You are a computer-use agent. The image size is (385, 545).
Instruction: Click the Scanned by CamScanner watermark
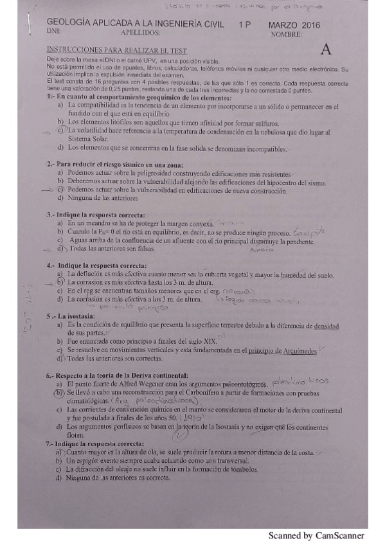pyautogui.click(x=316, y=535)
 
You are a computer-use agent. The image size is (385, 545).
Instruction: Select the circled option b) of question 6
pyautogui.click(x=58, y=392)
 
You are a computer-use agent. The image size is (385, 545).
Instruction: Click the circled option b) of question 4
pyautogui.click(x=58, y=282)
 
